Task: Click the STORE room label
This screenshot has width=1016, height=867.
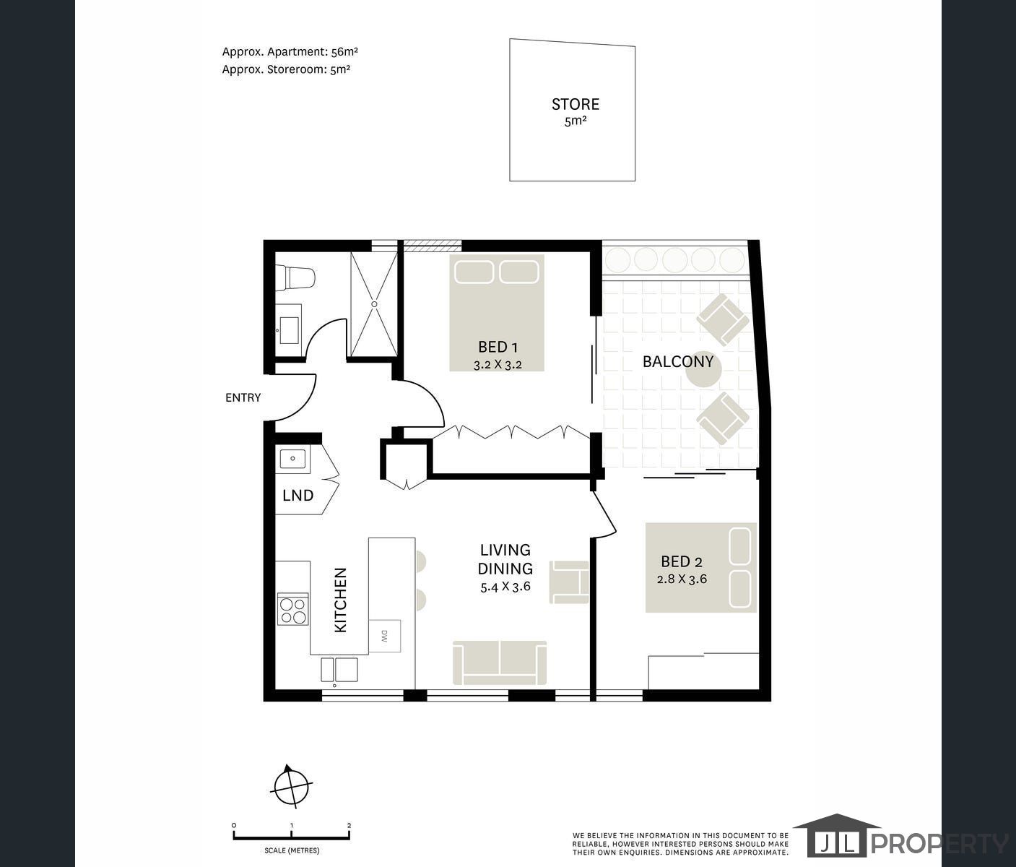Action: [575, 104]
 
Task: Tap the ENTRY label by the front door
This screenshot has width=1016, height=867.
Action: [243, 397]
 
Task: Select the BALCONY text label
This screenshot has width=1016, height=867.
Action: [678, 362]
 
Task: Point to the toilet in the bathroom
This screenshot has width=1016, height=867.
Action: [295, 278]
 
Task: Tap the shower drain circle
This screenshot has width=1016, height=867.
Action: [374, 304]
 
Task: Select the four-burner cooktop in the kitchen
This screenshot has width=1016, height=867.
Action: [293, 609]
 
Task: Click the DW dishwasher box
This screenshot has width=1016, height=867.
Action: [384, 636]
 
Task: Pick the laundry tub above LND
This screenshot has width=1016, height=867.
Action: [292, 459]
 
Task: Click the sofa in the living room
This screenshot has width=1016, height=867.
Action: [500, 663]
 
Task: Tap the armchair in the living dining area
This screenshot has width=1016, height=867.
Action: [570, 582]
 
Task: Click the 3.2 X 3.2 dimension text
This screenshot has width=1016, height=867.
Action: [497, 365]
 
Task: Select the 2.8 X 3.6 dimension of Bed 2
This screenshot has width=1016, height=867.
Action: [682, 579]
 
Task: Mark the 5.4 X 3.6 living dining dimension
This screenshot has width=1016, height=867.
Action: [505, 586]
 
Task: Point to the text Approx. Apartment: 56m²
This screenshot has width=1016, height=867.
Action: [290, 51]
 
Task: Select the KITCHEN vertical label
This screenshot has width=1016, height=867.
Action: [341, 600]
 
